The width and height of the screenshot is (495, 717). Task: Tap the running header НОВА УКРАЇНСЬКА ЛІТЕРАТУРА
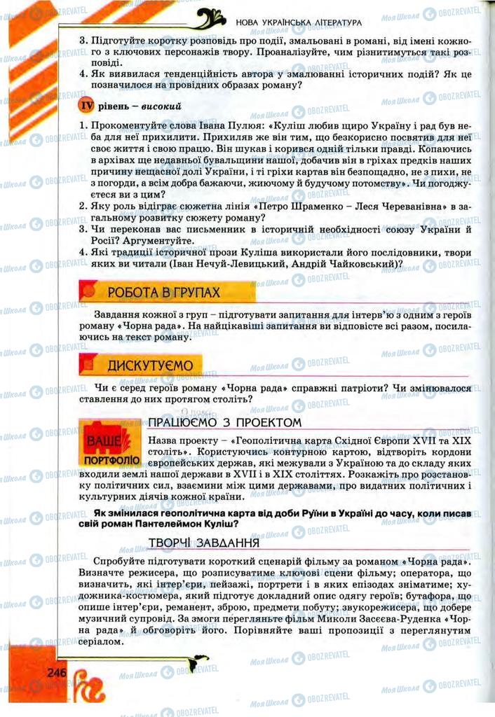299,22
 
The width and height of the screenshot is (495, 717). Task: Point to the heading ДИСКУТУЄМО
154,365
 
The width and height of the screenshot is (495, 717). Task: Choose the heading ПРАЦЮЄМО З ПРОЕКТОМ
224,422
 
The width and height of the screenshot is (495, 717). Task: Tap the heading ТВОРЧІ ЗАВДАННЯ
205,543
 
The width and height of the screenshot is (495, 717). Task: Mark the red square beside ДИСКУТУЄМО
87,364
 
